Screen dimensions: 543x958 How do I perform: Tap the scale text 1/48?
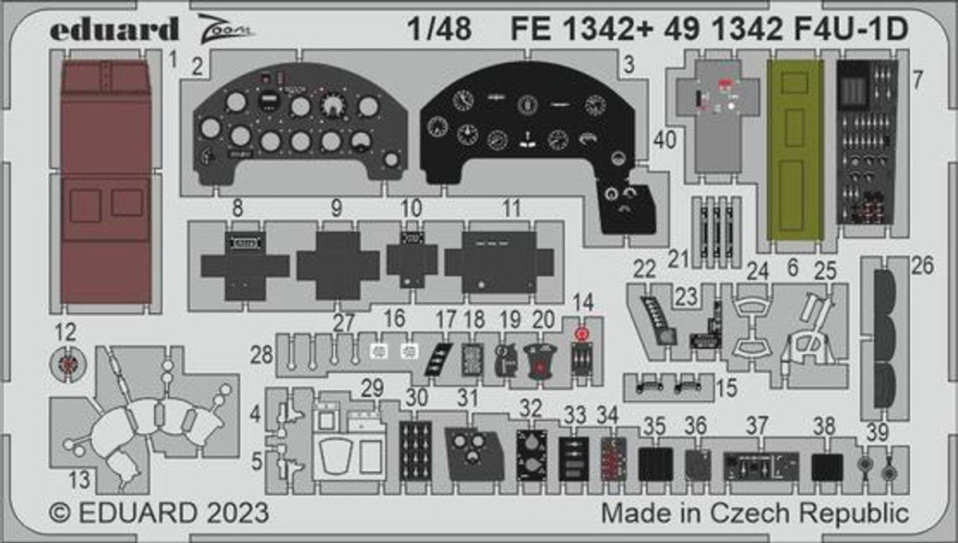438,30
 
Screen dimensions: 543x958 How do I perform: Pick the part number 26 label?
922,266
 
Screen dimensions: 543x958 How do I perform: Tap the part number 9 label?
335,209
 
